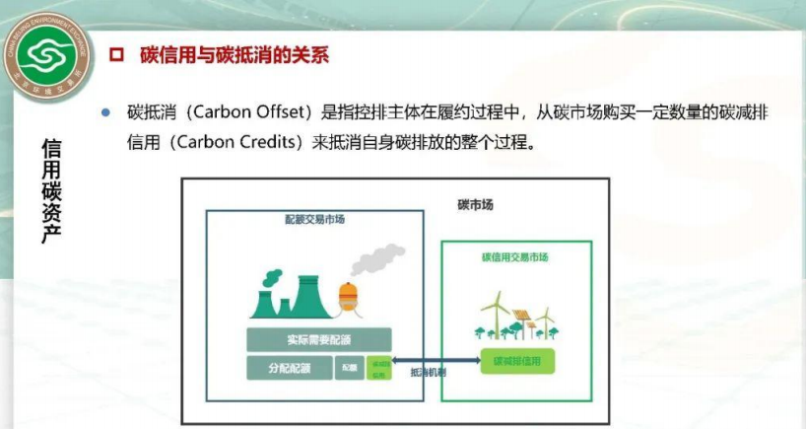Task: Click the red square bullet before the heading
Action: [x=113, y=55]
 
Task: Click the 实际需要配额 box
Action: [x=319, y=340]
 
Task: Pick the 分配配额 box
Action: [x=290, y=368]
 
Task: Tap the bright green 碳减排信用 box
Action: [x=517, y=361]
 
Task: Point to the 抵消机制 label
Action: [x=427, y=374]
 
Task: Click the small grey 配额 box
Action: [x=350, y=368]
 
